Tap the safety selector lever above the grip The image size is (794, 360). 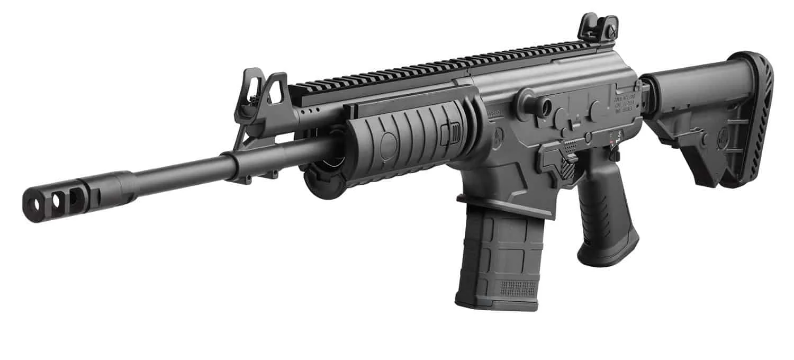coord(614,154)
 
